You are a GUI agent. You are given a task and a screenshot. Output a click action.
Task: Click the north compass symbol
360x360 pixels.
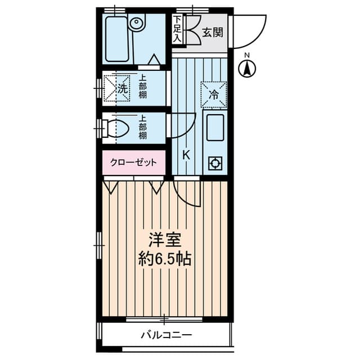coord(246,69)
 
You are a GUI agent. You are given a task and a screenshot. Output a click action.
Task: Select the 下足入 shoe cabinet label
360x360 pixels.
coord(177,29)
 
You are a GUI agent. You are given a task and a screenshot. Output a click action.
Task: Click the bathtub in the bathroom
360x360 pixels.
coord(116,38)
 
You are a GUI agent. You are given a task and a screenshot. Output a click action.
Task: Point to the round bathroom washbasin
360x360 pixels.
coord(137,24)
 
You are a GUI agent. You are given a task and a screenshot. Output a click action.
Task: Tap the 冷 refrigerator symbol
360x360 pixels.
coord(214,94)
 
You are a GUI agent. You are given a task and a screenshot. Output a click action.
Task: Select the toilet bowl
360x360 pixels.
coord(120,128)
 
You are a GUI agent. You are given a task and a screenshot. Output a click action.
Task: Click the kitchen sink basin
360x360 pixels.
coord(215,128)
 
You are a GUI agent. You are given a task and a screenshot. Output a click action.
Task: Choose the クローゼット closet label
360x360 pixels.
coord(134,163)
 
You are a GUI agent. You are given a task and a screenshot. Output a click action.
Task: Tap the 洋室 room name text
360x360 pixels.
coord(164,241)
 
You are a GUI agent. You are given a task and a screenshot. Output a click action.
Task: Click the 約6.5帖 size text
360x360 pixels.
coord(164,259)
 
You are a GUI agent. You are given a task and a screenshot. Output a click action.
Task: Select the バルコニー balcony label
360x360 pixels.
coord(166,336)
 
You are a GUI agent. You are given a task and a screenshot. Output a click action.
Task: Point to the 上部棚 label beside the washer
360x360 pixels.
coord(143,88)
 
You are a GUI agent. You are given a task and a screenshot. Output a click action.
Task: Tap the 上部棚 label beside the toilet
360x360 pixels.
coord(143,128)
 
